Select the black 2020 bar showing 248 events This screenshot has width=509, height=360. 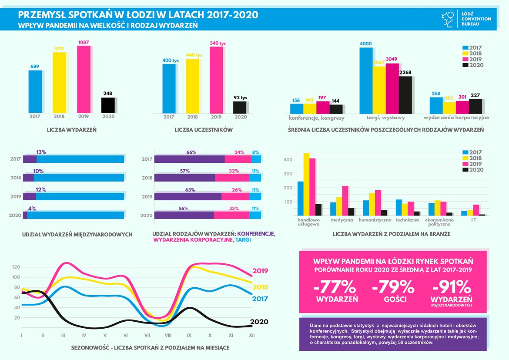click(108, 105)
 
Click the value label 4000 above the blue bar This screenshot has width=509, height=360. click(366, 44)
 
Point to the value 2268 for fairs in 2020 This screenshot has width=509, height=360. click(405, 72)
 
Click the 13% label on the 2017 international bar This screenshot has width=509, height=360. click(41, 152)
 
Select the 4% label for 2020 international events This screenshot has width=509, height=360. click(32, 208)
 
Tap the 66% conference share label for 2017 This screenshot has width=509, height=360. click(191, 152)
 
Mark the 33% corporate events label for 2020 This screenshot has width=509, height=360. click(234, 209)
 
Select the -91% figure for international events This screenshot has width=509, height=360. click(451, 287)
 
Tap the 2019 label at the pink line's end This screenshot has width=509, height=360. click(261, 271)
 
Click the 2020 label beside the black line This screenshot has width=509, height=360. click(261, 322)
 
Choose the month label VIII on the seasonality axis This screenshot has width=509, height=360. click(167, 335)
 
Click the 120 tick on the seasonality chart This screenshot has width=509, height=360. click(16, 267)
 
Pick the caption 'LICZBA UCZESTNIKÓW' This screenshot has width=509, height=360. click(204, 130)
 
